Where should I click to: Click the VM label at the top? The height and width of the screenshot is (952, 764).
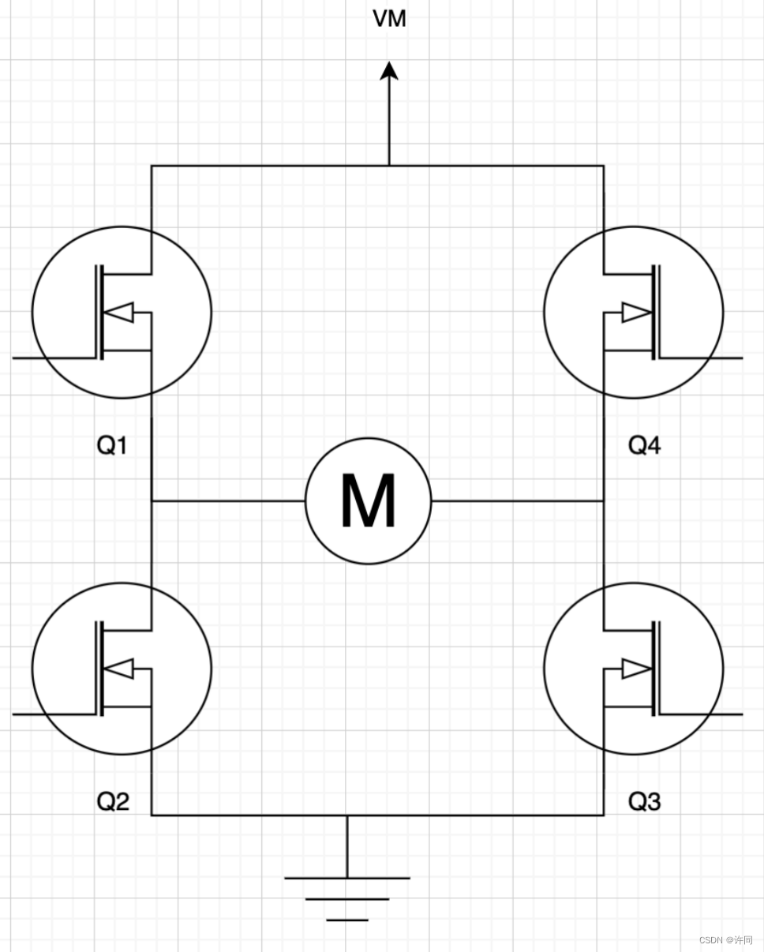point(389,19)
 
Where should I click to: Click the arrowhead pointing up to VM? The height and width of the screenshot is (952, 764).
point(389,71)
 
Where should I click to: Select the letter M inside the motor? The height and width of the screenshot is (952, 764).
point(369,501)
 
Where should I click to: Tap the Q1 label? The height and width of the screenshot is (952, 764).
point(112,445)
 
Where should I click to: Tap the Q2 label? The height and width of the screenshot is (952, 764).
point(112,802)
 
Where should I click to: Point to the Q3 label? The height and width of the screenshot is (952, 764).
point(644,802)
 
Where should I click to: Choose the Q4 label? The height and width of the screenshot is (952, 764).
point(644,445)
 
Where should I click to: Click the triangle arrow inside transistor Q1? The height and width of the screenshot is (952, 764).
point(119,313)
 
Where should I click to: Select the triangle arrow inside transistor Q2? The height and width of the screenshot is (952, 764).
point(119,669)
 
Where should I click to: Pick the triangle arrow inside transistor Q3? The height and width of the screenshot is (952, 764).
point(636,669)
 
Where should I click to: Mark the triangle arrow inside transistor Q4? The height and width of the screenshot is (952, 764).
point(636,313)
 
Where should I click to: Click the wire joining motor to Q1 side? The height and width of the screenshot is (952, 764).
point(228,501)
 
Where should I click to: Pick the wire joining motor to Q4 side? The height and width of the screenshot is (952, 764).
point(517,501)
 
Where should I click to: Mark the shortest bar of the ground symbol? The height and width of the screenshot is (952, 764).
point(347,920)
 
